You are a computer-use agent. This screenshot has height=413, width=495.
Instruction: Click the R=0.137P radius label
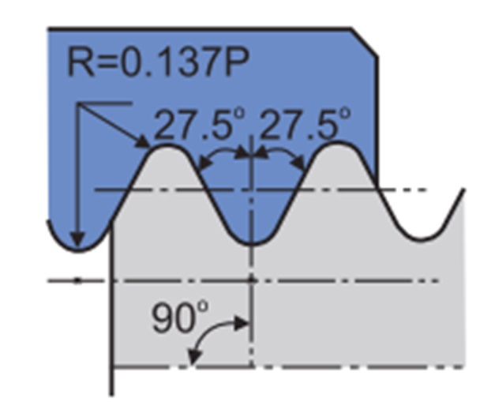tap(159, 62)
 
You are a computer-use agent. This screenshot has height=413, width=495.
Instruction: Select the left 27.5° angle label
tap(200, 124)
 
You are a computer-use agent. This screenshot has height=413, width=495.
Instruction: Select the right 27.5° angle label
tap(306, 124)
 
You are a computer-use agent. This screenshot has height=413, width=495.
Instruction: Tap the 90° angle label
tap(180, 317)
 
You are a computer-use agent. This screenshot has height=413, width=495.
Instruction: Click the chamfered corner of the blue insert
tap(365, 43)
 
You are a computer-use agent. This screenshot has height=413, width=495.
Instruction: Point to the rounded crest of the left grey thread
tap(166, 146)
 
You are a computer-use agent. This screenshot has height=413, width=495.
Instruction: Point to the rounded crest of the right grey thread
tap(338, 144)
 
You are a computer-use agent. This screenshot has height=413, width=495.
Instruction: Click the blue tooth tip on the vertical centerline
tap(252, 243)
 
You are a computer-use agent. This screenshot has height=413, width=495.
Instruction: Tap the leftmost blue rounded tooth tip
tap(77, 250)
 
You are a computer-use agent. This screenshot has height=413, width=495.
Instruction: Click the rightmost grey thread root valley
tap(422, 239)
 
